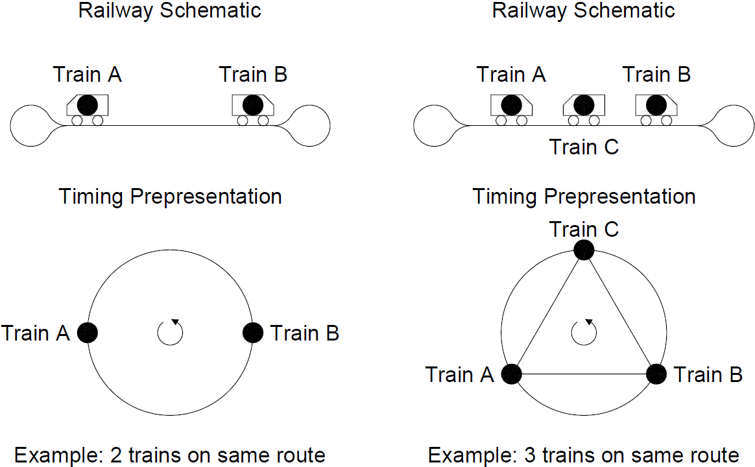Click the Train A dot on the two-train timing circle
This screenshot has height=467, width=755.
[88, 333]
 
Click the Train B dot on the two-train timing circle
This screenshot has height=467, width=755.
[253, 333]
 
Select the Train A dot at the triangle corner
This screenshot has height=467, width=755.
[512, 374]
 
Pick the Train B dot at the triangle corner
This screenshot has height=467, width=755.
[656, 374]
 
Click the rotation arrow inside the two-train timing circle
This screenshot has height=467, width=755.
[171, 333]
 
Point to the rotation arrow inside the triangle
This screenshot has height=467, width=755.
[584, 332]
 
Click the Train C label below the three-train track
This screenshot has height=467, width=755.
[584, 147]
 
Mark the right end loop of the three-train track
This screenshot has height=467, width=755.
[733, 125]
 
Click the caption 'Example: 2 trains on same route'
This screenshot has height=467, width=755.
[169, 455]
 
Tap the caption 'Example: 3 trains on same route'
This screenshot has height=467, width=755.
[584, 455]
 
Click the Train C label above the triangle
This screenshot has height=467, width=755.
[584, 229]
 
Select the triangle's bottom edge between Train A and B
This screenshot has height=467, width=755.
[584, 374]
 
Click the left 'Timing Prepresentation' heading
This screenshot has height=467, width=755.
[170, 197]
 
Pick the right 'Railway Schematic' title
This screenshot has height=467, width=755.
[584, 10]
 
